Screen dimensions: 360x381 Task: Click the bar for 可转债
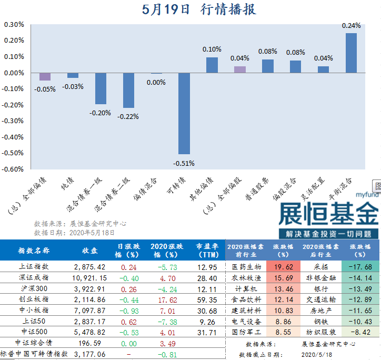[x=184, y=113]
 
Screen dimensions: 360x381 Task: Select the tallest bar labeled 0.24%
[x=351, y=53]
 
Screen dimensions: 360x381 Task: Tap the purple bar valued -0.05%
[x=45, y=76]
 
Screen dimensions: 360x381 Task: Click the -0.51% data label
[x=184, y=163]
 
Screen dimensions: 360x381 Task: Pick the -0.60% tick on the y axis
[x=14, y=169]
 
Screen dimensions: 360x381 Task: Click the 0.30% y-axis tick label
[x=14, y=24]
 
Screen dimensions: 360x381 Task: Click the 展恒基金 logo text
[x=329, y=214]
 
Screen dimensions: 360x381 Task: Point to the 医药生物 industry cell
[x=246, y=267]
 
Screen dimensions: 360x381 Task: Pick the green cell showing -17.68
[x=360, y=267]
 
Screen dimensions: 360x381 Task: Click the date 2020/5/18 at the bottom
[x=318, y=355]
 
